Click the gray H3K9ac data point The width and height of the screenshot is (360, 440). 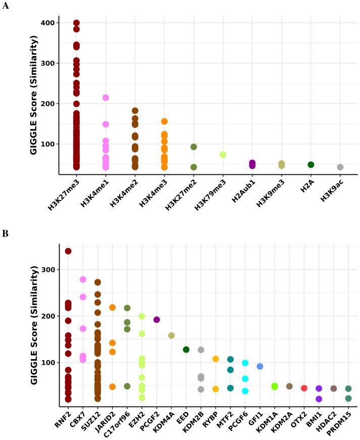click(340, 167)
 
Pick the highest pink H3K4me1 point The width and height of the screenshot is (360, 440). click(106, 98)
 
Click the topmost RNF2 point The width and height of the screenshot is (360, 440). click(68, 251)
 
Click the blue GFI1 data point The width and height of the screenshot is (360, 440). click(260, 366)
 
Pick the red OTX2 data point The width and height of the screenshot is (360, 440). click(304, 388)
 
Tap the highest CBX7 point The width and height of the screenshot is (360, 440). click(83, 279)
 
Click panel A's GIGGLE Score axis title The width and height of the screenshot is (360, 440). click(35, 95)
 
